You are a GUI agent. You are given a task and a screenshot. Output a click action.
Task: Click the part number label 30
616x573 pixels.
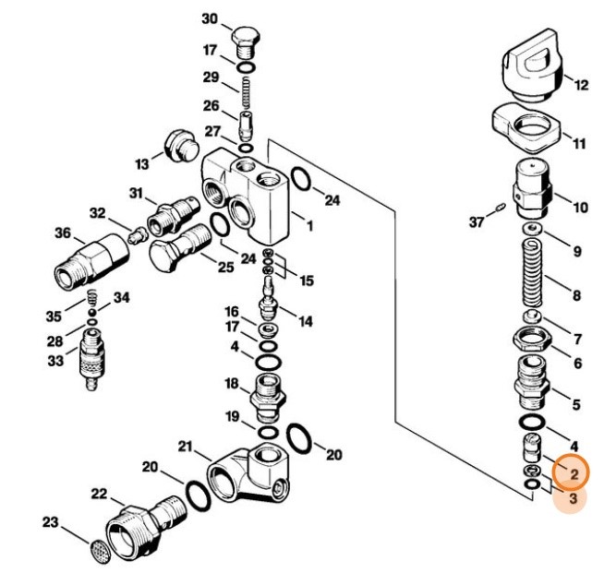coord(210,18)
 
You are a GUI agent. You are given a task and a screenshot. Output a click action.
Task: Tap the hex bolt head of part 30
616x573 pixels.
coord(245,40)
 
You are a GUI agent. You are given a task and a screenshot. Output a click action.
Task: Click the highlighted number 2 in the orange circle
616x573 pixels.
coord(573,473)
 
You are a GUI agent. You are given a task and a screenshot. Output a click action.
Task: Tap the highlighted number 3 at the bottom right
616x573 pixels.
coord(573,499)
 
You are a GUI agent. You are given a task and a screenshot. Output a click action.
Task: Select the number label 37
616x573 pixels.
coord(477,221)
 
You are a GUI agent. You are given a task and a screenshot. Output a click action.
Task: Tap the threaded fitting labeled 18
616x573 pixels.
coord(267,395)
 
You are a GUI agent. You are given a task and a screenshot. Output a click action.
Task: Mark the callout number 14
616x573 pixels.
coord(305,322)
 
